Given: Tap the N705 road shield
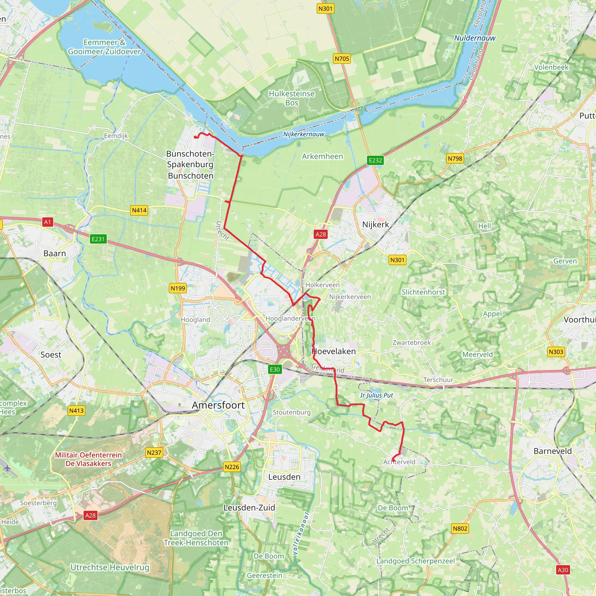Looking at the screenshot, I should pyautogui.click(x=342, y=58).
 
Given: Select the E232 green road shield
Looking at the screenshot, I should pyautogui.click(x=375, y=160).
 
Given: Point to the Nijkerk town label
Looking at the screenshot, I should pyautogui.click(x=375, y=224).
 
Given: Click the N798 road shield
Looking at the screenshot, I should pyautogui.click(x=455, y=159).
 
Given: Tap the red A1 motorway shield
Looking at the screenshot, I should pyautogui.click(x=47, y=222).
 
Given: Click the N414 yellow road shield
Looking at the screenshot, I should pyautogui.click(x=139, y=210).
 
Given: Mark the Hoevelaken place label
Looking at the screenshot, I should pyautogui.click(x=334, y=351).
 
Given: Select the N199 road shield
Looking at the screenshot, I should pyautogui.click(x=178, y=288).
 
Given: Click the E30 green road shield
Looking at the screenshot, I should pyautogui.click(x=274, y=369).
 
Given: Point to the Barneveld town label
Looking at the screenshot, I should pyautogui.click(x=553, y=451).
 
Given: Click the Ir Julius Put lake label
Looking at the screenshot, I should pyautogui.click(x=377, y=395).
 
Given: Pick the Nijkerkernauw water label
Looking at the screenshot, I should pyautogui.click(x=304, y=134).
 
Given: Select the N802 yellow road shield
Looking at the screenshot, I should pyautogui.click(x=460, y=528).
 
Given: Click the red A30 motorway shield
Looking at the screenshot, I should pyautogui.click(x=563, y=570).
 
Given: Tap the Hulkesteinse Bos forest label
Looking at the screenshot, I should pyautogui.click(x=292, y=98).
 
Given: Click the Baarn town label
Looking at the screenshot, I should pyautogui.click(x=55, y=253).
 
